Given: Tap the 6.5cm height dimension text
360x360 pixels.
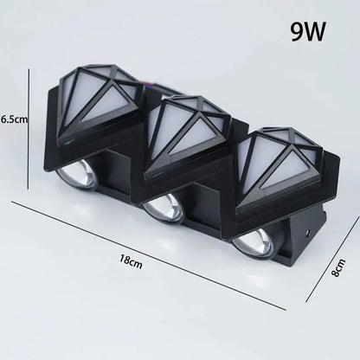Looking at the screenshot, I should pos(15,120).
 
